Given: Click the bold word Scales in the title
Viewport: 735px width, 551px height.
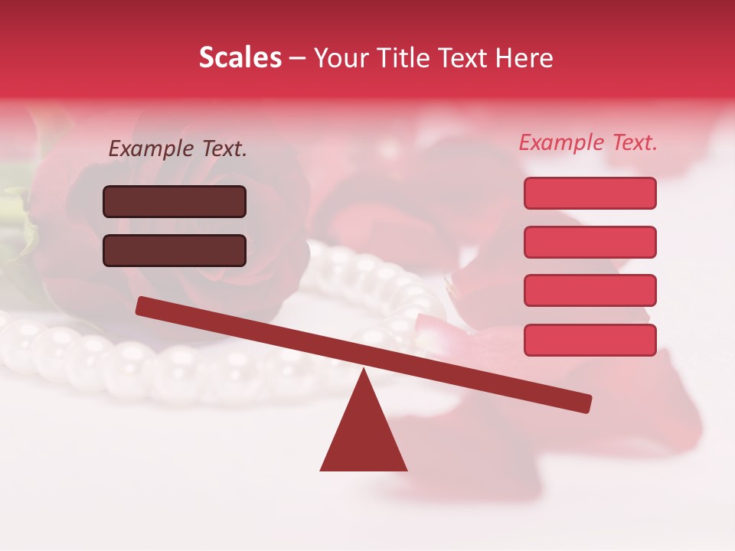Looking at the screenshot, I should coord(240,58).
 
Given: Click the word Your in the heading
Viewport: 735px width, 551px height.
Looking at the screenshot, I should coord(342,58).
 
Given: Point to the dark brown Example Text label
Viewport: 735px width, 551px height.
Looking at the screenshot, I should coord(178,149).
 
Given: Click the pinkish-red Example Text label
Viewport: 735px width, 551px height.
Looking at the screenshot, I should coord(588,142).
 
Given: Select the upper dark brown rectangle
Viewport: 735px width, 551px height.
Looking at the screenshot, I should coord(175,201).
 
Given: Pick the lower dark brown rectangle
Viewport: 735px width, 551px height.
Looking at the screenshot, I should coord(175,250).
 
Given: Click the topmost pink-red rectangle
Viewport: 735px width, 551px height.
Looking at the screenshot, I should coord(590,193).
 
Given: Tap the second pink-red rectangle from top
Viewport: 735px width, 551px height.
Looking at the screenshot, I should coord(590,242).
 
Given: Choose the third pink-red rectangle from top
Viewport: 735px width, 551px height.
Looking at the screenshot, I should coord(590,291).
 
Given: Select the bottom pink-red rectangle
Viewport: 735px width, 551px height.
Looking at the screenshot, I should coord(590,340).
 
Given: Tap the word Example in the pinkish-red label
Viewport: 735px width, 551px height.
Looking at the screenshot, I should coord(562,142).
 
